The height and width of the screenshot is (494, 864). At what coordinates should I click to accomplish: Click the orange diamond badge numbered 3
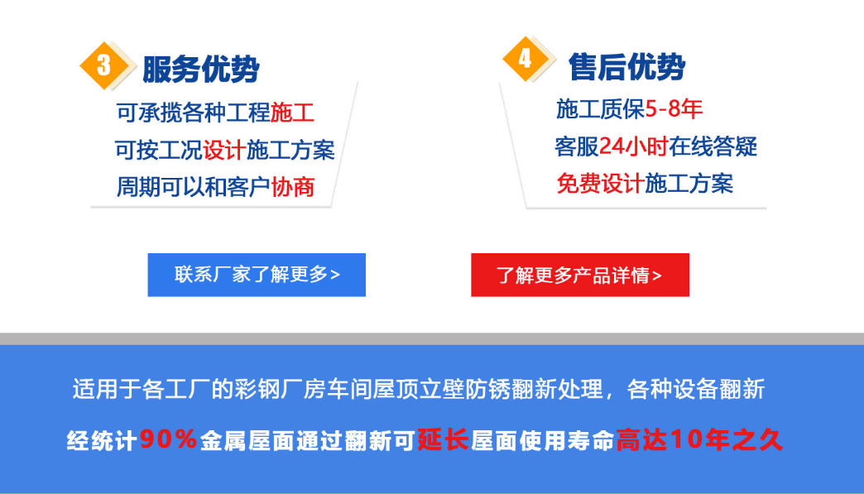pos(104,65)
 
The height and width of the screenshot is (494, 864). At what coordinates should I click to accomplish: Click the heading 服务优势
pos(201,69)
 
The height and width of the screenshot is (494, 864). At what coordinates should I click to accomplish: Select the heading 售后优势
pos(626,67)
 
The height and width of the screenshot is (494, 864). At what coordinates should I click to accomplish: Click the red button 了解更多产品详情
pos(579,275)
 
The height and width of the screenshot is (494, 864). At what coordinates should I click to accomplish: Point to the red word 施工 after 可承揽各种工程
pos(292,113)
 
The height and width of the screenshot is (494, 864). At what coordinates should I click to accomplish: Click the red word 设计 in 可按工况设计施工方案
pos(224,150)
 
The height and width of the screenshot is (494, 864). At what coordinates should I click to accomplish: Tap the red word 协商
pos(293,187)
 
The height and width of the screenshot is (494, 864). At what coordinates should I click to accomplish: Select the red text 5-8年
pos(674,109)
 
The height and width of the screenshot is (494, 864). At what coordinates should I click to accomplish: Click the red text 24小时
pos(633,146)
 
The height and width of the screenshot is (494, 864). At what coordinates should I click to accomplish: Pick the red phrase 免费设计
pos(600,184)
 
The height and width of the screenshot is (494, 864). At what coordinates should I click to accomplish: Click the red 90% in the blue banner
pos(169,439)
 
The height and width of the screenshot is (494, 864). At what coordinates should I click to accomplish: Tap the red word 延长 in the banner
pos(443,439)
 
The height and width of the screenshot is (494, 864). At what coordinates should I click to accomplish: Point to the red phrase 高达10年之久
pos(699,439)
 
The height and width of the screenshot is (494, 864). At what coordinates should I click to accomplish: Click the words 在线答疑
pos(713,146)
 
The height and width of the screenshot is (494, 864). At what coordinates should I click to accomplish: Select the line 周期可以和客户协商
pos(215,187)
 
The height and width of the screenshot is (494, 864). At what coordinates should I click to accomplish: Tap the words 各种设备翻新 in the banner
pos(696,390)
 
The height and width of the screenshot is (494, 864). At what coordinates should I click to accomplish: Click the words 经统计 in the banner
pos(102,440)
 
